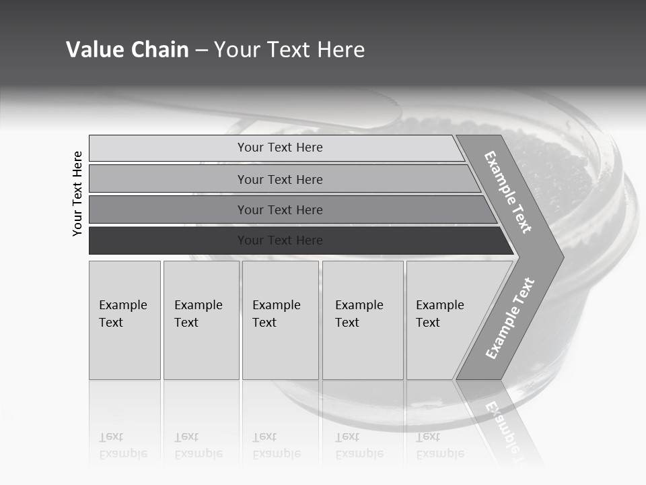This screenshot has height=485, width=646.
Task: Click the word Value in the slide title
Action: click(x=94, y=50)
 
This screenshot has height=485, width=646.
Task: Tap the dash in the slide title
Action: click(x=201, y=51)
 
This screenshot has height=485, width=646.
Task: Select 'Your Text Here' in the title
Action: click(x=289, y=50)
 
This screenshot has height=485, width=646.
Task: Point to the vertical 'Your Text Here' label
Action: click(x=77, y=193)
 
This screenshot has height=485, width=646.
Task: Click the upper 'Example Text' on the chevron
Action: click(x=508, y=192)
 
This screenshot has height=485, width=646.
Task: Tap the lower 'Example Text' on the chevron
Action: click(x=509, y=319)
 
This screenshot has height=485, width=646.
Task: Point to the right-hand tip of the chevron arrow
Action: click(x=562, y=257)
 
